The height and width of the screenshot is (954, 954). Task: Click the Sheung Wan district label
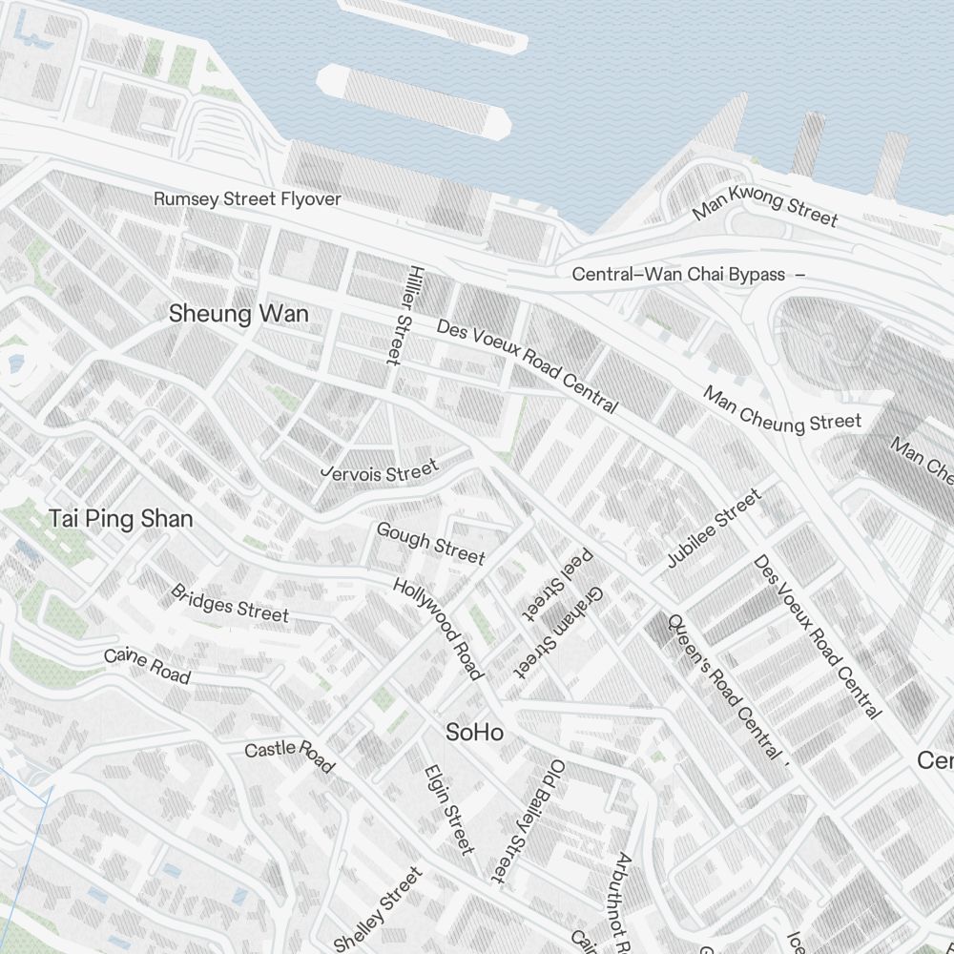coord(238,314)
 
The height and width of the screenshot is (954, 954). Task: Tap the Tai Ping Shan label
coord(120,519)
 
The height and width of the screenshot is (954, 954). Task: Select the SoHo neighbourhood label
coord(475,733)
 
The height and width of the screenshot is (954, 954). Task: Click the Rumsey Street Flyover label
coord(247,199)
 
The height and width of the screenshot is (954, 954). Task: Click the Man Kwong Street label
coord(765,206)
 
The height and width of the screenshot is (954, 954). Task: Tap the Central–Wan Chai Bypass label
coord(678,275)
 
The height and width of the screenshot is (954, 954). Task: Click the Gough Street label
coord(430,543)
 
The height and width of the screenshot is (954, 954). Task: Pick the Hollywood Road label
coord(438,630)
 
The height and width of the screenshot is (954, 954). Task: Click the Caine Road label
coord(147,666)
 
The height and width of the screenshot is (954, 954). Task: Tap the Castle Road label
coord(289,755)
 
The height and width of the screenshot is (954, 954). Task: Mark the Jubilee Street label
coord(714,529)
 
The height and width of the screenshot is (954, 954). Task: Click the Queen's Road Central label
coord(723,686)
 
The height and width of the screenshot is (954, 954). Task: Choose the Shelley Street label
coord(378,909)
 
